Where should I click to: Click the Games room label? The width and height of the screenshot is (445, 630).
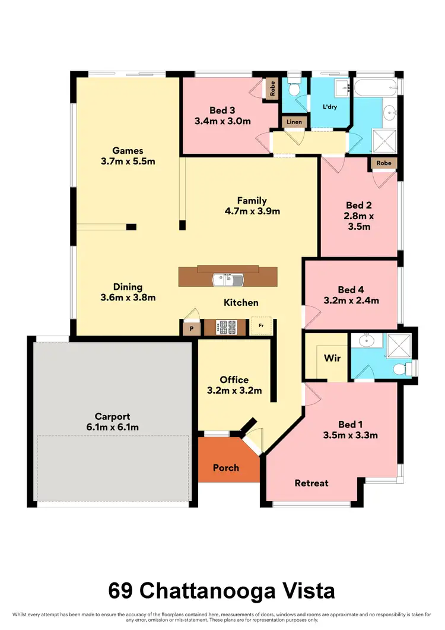click(x=128, y=150)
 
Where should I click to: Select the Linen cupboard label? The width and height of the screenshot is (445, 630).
click(x=294, y=122)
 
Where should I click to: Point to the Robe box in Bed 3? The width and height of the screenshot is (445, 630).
click(x=272, y=89)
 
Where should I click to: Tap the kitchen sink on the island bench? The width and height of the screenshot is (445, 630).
click(x=228, y=278)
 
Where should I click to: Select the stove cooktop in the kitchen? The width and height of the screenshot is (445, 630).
click(x=228, y=327)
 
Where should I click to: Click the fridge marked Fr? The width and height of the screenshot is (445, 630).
click(x=261, y=326)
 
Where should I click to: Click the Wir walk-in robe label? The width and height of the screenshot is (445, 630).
click(x=332, y=359)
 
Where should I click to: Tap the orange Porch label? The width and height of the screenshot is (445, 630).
click(x=226, y=468)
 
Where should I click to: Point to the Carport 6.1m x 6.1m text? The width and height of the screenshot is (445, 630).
click(x=112, y=427)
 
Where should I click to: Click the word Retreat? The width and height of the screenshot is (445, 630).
click(x=311, y=483)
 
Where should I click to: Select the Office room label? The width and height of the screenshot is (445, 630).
click(x=234, y=379)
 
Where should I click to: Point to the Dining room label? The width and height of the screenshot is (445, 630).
click(x=128, y=287)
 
